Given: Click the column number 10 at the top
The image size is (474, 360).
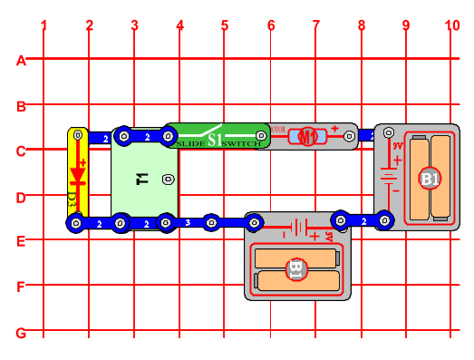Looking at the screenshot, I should coord(452,25).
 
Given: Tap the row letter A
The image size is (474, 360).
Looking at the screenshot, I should coord(20,61).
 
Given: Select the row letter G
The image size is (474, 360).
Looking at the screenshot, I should coord(20,333).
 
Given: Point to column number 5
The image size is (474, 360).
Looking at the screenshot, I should coord(224,25).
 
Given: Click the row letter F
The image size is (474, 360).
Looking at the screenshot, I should coord(20,287).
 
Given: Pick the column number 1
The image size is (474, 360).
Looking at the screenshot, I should coord(44,25).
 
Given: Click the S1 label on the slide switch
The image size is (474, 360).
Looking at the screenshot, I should coord(215,140).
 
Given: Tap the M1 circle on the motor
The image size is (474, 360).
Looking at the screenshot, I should coord(308,137).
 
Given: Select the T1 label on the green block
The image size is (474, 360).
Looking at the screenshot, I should coord(141,179).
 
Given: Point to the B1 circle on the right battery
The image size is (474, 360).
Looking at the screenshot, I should coord(430,179).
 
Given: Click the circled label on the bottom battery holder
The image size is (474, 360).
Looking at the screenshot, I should coord(295,268).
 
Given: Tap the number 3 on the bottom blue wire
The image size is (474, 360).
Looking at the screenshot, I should coord(188,221).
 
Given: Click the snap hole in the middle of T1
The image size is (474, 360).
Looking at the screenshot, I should coord(168,179).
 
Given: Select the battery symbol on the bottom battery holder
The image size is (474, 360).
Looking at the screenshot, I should coord(298,228).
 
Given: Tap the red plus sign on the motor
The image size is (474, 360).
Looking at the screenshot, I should coord(334,129).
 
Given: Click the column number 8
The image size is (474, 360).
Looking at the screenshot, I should coord(361,25).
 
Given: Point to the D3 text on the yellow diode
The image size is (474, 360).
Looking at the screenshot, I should coord(73,197).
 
